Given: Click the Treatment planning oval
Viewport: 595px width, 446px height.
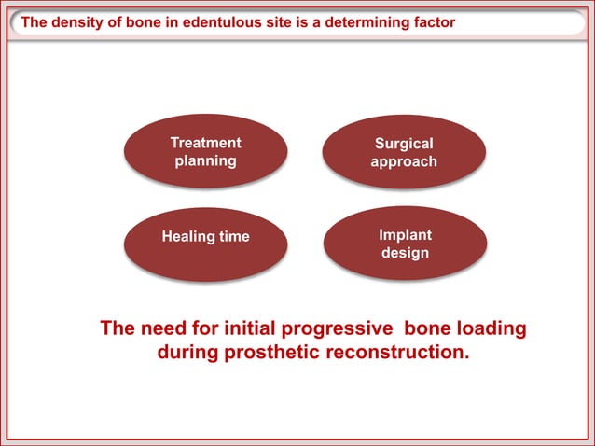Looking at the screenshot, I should coord(205,152).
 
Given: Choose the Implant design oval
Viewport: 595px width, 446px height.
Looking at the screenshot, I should coord(405,244).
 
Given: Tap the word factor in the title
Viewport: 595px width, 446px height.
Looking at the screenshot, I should coord(433,22).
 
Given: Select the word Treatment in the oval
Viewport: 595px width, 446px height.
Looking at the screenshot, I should coord(205,143).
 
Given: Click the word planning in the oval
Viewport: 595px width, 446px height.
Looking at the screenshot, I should coord(205,160).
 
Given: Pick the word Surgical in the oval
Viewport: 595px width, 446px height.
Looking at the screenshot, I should coord(404,144).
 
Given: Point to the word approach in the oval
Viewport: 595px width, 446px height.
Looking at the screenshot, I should coord(404,162).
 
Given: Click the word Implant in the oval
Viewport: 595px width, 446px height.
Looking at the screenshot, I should coord(405,234).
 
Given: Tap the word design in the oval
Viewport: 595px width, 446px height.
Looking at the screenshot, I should coord(405,253).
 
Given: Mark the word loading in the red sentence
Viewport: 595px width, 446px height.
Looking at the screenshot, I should coord(490,329).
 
